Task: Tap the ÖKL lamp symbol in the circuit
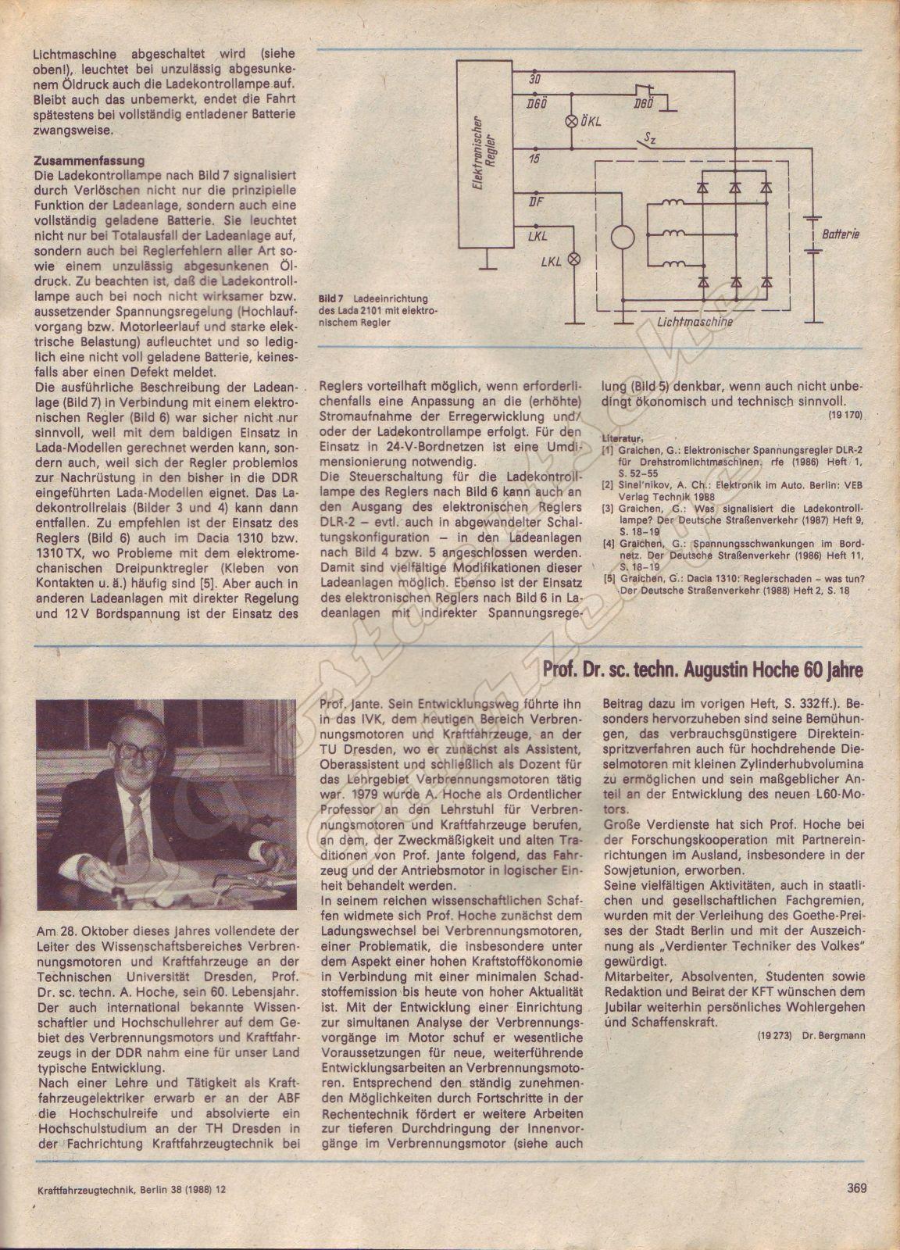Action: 569,121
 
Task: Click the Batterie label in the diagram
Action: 840,234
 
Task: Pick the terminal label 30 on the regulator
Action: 534,80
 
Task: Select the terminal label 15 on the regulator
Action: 534,159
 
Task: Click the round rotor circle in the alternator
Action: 623,237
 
